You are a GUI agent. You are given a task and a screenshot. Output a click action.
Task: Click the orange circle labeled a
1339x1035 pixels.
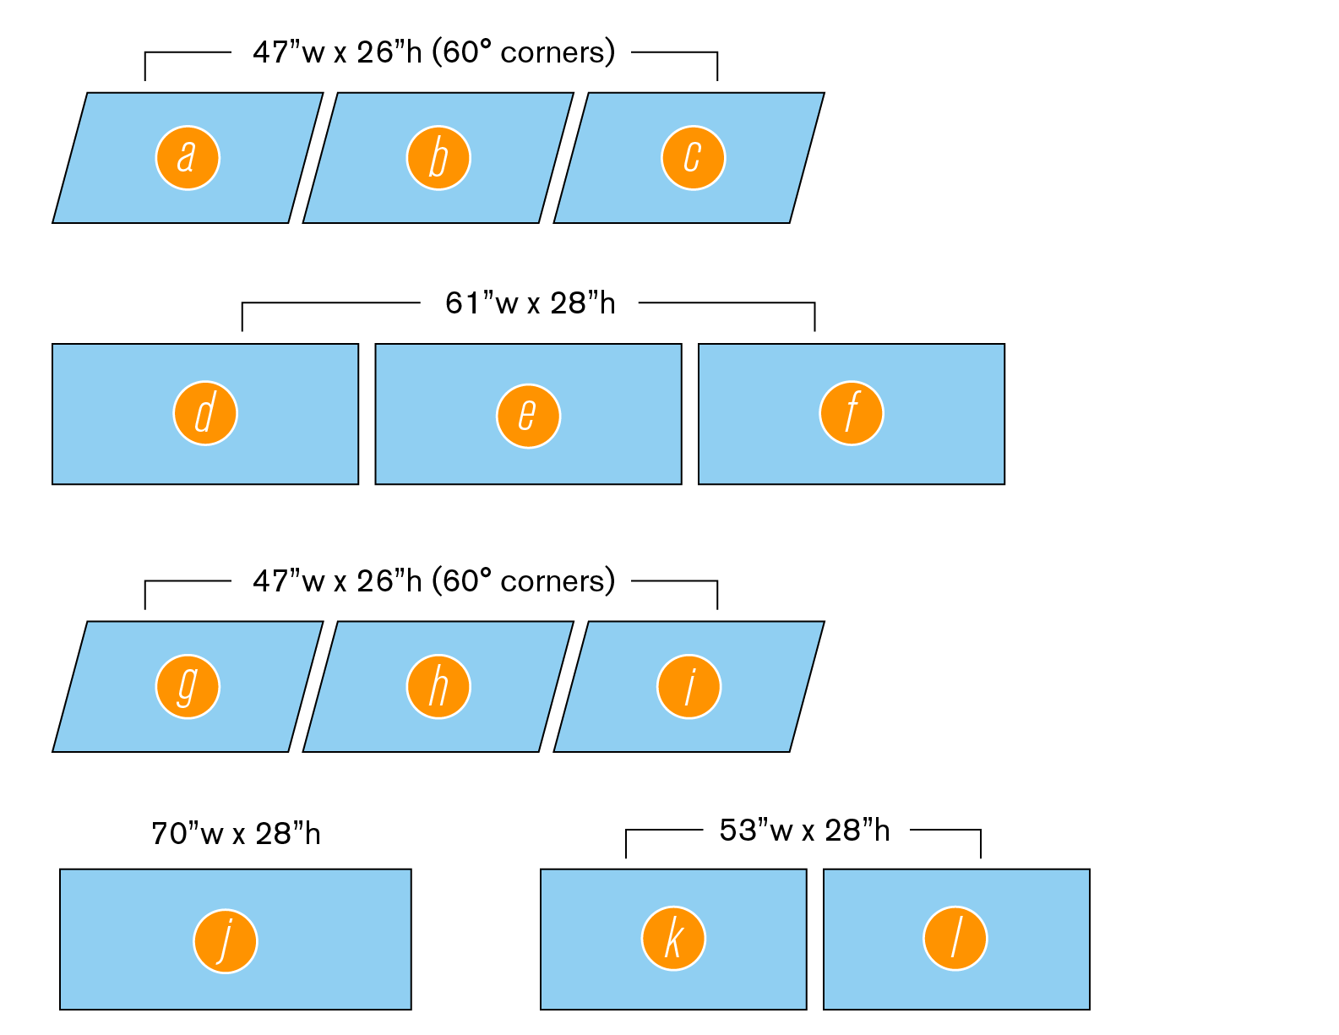click(x=188, y=158)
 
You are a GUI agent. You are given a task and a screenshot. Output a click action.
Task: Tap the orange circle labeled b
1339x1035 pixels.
click(x=438, y=158)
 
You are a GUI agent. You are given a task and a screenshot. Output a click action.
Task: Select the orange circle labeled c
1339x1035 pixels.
click(x=694, y=158)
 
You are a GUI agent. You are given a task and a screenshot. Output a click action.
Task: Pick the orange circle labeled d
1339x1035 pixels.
click(x=205, y=413)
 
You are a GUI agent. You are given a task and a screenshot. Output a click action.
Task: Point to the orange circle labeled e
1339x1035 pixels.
click(x=529, y=417)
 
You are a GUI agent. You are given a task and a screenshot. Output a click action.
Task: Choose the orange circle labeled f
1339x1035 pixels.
click(x=852, y=413)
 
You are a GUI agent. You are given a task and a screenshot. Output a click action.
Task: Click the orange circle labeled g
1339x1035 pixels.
click(x=188, y=687)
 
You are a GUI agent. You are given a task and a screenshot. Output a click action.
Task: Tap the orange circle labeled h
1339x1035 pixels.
click(x=438, y=687)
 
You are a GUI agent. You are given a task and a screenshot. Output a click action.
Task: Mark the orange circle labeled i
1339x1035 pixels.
click(x=689, y=687)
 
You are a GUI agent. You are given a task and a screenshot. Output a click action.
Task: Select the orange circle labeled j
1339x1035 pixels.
click(x=226, y=941)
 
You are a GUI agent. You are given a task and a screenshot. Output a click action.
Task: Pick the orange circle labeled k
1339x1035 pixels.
click(x=673, y=939)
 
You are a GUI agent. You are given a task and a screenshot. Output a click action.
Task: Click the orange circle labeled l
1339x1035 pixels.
click(x=955, y=939)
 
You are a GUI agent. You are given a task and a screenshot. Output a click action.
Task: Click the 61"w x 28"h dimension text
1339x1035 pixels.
click(x=531, y=303)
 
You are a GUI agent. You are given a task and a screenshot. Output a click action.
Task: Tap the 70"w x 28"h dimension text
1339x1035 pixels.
click(x=236, y=834)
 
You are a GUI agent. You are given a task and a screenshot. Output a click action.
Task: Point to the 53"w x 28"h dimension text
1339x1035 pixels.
click(x=805, y=830)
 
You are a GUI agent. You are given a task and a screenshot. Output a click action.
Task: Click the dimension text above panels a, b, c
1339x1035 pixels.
click(x=434, y=52)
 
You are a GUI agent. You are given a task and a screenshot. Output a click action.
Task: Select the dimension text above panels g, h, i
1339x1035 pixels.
click(x=434, y=581)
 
